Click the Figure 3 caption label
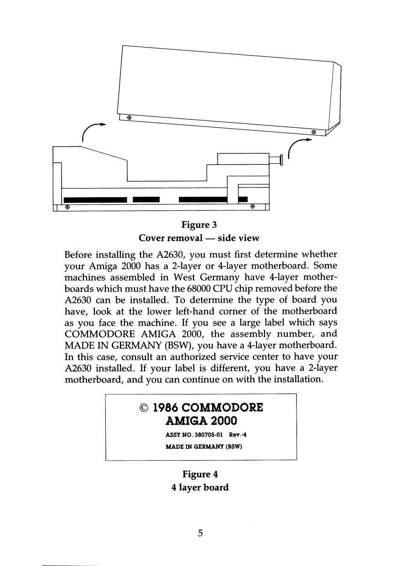[x=199, y=225]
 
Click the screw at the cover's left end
[x=129, y=117]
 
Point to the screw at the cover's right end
[x=314, y=132]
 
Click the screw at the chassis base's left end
[x=67, y=208]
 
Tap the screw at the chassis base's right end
[x=253, y=208]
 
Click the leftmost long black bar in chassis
[x=95, y=199]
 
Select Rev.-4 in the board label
[x=239, y=435]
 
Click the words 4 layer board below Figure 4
[x=200, y=487]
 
